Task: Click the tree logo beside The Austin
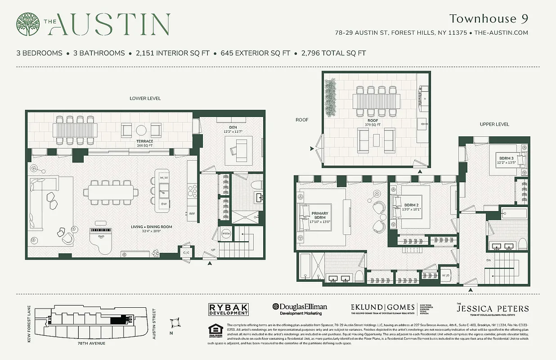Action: (x=28, y=24)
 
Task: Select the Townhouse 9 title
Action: (x=488, y=18)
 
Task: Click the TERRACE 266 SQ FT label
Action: (x=145, y=143)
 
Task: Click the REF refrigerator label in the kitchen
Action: (x=192, y=214)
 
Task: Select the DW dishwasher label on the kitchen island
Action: (x=163, y=204)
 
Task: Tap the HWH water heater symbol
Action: (x=226, y=233)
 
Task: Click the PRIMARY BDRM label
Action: (x=320, y=216)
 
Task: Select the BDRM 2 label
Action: (x=411, y=207)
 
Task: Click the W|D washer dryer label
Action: (x=446, y=275)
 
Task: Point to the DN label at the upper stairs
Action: (x=489, y=260)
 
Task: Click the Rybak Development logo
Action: (x=228, y=309)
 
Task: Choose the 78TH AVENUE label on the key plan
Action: (x=91, y=343)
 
